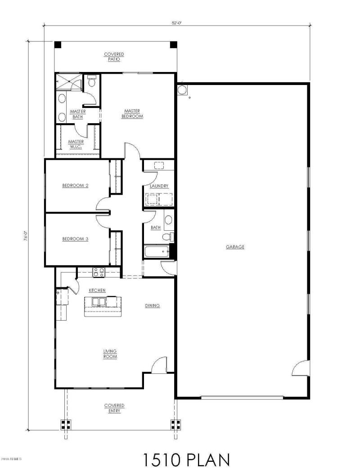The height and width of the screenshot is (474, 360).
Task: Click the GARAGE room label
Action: click(235, 246)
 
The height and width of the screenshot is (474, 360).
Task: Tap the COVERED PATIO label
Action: click(114, 57)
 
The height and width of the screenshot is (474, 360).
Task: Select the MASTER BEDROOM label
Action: click(132, 113)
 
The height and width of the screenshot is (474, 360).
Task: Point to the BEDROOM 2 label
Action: click(75, 185)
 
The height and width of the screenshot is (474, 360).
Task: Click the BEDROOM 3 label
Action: click(75, 239)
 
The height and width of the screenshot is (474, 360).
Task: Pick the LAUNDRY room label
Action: click(159, 186)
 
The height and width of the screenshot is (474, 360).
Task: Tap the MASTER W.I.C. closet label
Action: click(76, 144)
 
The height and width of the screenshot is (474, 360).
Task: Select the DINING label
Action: click(152, 305)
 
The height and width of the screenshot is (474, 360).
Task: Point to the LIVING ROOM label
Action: click(110, 353)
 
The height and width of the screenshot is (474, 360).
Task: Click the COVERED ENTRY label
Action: click(114, 408)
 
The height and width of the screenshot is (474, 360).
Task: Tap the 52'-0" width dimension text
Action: click(176, 21)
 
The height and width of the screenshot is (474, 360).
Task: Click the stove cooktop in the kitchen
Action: click(98, 272)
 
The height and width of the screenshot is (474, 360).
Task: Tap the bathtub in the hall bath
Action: click(156, 252)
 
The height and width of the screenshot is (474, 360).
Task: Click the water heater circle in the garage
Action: click(183, 90)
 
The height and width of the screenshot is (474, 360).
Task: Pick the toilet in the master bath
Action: click(91, 81)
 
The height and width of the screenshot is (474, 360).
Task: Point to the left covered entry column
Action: click(66, 425)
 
